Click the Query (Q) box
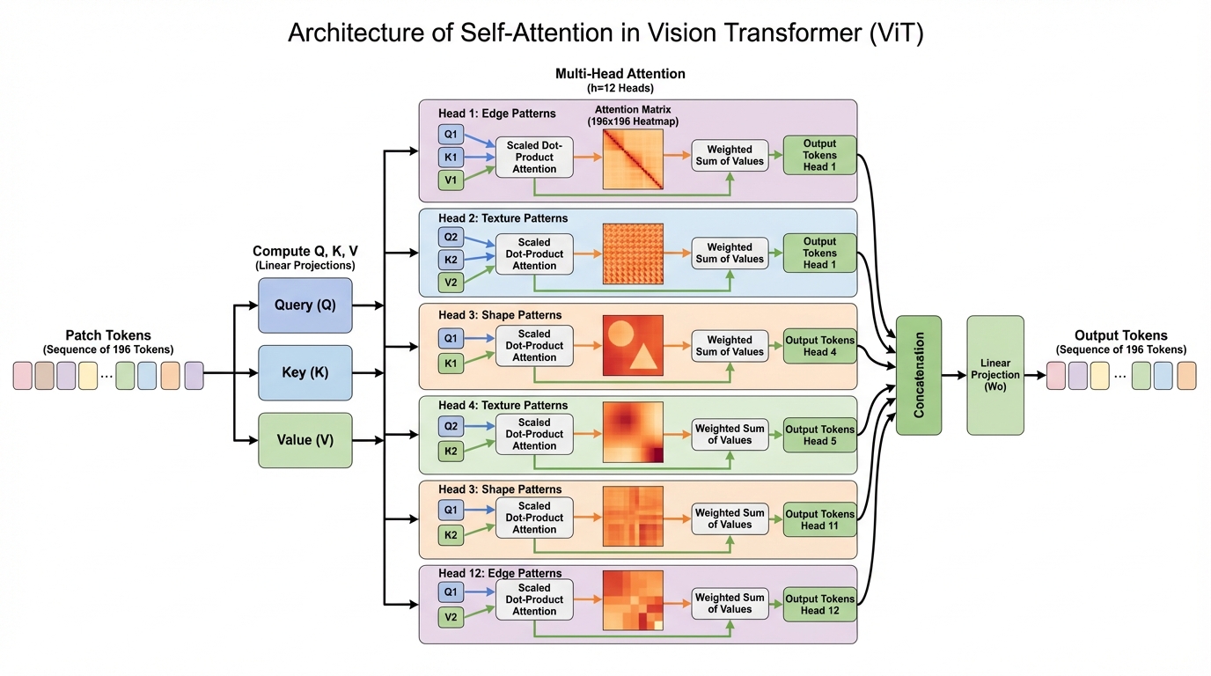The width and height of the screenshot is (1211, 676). (305, 305)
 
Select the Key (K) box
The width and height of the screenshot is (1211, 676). (305, 372)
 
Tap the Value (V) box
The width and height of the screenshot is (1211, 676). (305, 440)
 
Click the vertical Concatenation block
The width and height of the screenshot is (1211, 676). (919, 375)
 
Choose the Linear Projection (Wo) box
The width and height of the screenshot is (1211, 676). (994, 375)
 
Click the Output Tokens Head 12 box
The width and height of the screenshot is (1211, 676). (819, 605)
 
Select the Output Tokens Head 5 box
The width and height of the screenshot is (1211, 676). (819, 435)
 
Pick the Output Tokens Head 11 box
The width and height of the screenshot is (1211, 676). (819, 520)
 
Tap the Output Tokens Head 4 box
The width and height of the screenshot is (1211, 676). (819, 346)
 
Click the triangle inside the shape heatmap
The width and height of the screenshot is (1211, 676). (643, 356)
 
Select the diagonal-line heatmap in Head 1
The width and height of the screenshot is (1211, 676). (633, 159)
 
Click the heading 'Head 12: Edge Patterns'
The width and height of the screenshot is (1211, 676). (500, 574)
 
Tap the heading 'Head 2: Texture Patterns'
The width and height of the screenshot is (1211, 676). (503, 218)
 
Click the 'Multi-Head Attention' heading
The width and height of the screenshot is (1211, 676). (620, 74)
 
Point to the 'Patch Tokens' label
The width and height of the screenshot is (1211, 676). (108, 335)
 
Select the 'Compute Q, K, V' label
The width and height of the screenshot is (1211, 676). (305, 252)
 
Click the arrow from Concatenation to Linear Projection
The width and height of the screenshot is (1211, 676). (954, 375)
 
